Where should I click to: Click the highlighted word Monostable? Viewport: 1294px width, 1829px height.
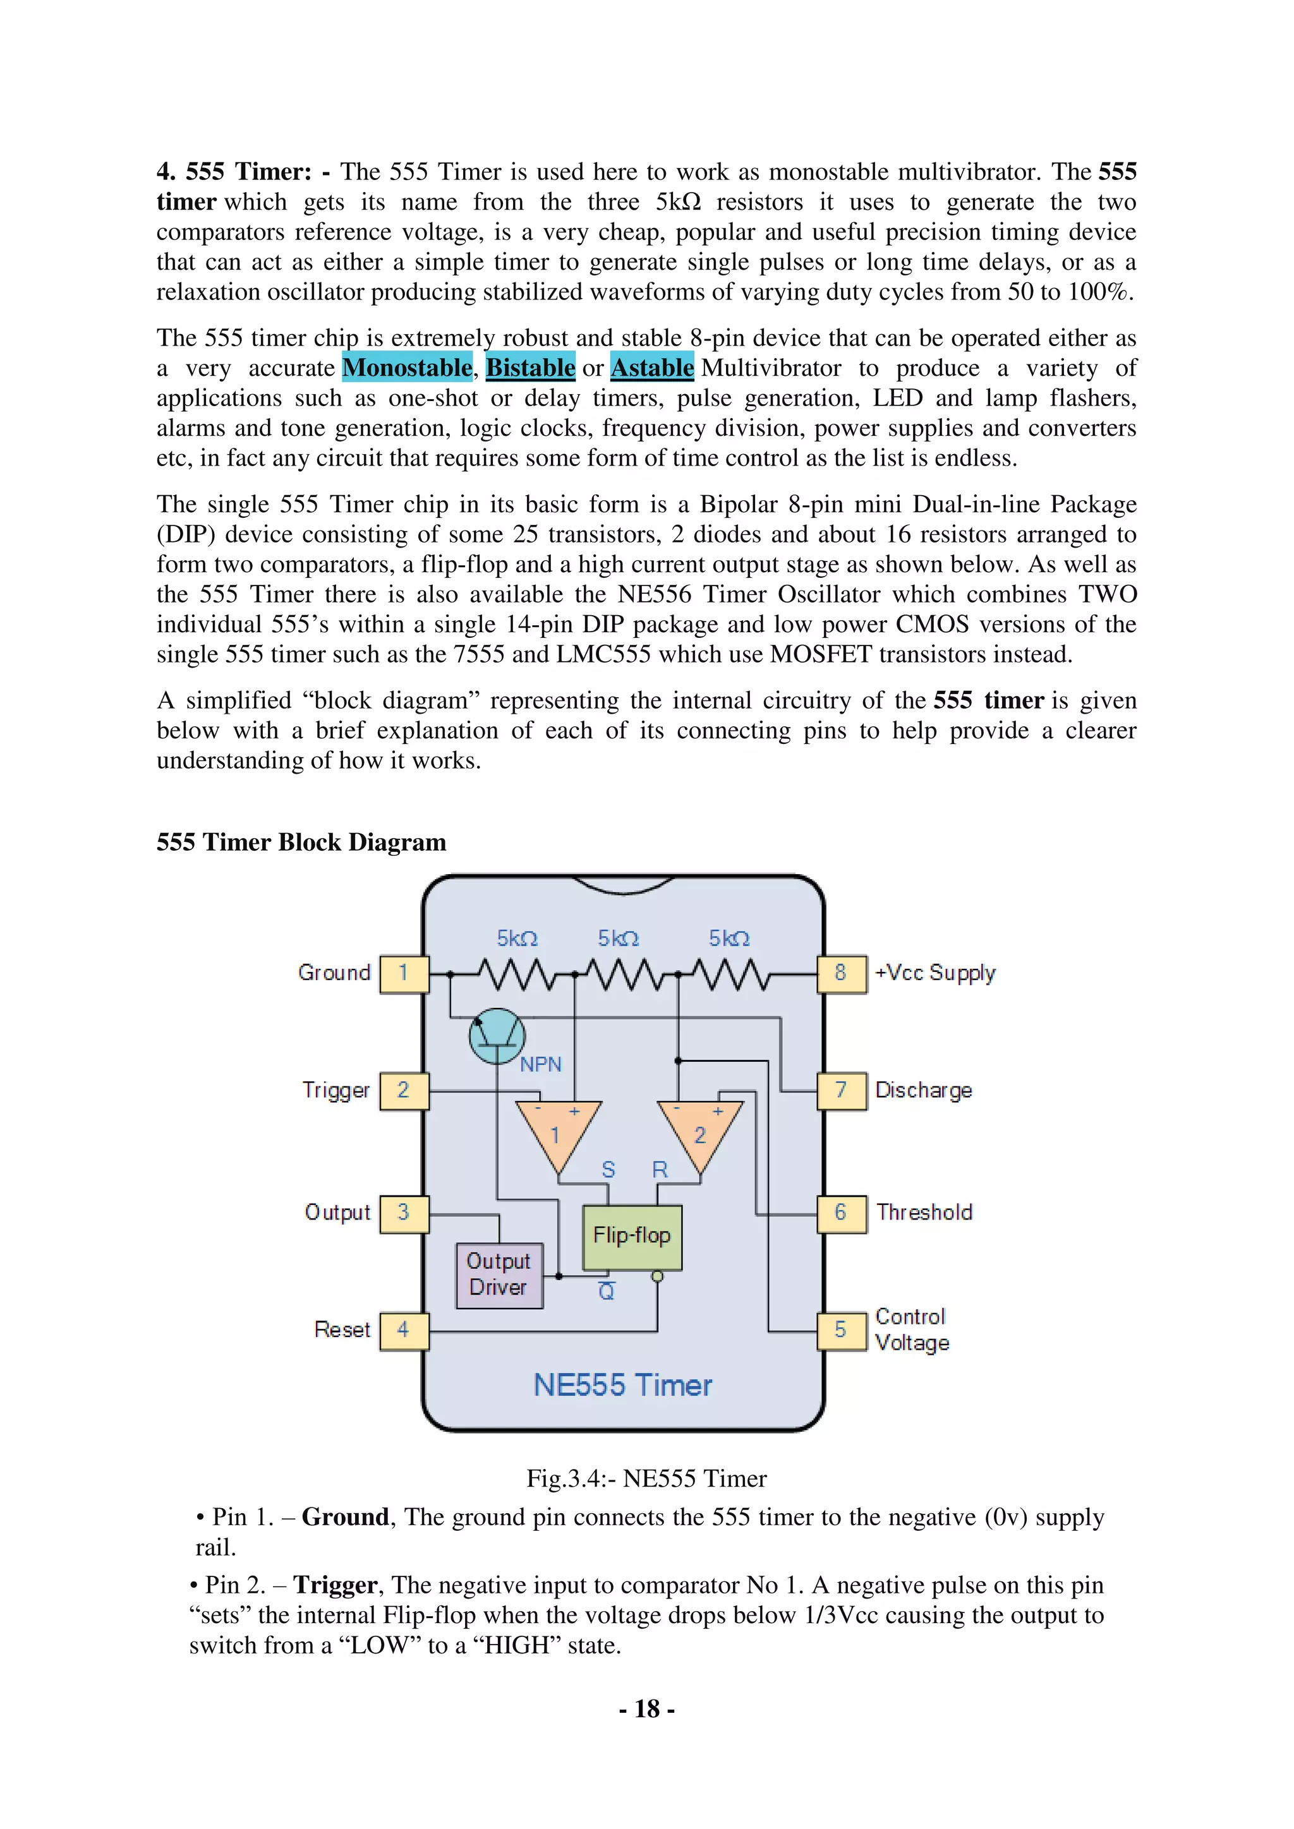click(407, 368)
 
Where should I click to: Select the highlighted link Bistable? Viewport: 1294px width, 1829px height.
click(530, 368)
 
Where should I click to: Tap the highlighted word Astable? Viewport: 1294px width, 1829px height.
click(652, 368)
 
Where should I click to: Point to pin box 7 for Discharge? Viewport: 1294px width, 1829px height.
click(842, 1091)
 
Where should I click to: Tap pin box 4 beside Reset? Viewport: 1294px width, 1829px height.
click(404, 1330)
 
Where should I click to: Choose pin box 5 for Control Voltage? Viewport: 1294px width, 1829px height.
click(842, 1330)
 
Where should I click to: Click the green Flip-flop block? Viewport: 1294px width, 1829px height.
click(632, 1237)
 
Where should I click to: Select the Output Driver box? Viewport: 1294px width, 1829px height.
click(499, 1274)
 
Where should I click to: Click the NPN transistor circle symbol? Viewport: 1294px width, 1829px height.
click(497, 1036)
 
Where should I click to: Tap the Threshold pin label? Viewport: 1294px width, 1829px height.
click(924, 1213)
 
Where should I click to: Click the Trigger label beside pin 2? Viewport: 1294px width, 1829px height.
click(336, 1091)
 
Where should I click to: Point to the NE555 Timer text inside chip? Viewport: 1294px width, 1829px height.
click(622, 1385)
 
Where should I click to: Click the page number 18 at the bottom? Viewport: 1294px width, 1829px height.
click(647, 1710)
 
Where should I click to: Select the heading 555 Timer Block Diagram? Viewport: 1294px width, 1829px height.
click(301, 843)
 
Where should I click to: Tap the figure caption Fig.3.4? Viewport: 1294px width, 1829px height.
click(646, 1479)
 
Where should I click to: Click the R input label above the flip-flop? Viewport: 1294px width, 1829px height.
click(660, 1170)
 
